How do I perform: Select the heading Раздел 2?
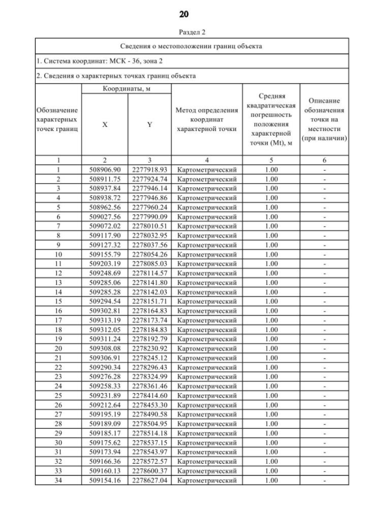tap(184, 32)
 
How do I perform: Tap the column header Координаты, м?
tap(127, 89)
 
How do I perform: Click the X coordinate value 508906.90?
tap(105, 170)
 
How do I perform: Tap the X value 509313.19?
tap(105, 319)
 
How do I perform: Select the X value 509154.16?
tap(105, 480)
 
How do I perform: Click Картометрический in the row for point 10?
tap(207, 254)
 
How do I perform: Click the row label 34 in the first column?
tap(58, 480)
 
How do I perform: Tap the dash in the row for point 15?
tap(325, 301)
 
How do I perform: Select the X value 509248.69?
tap(105, 273)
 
